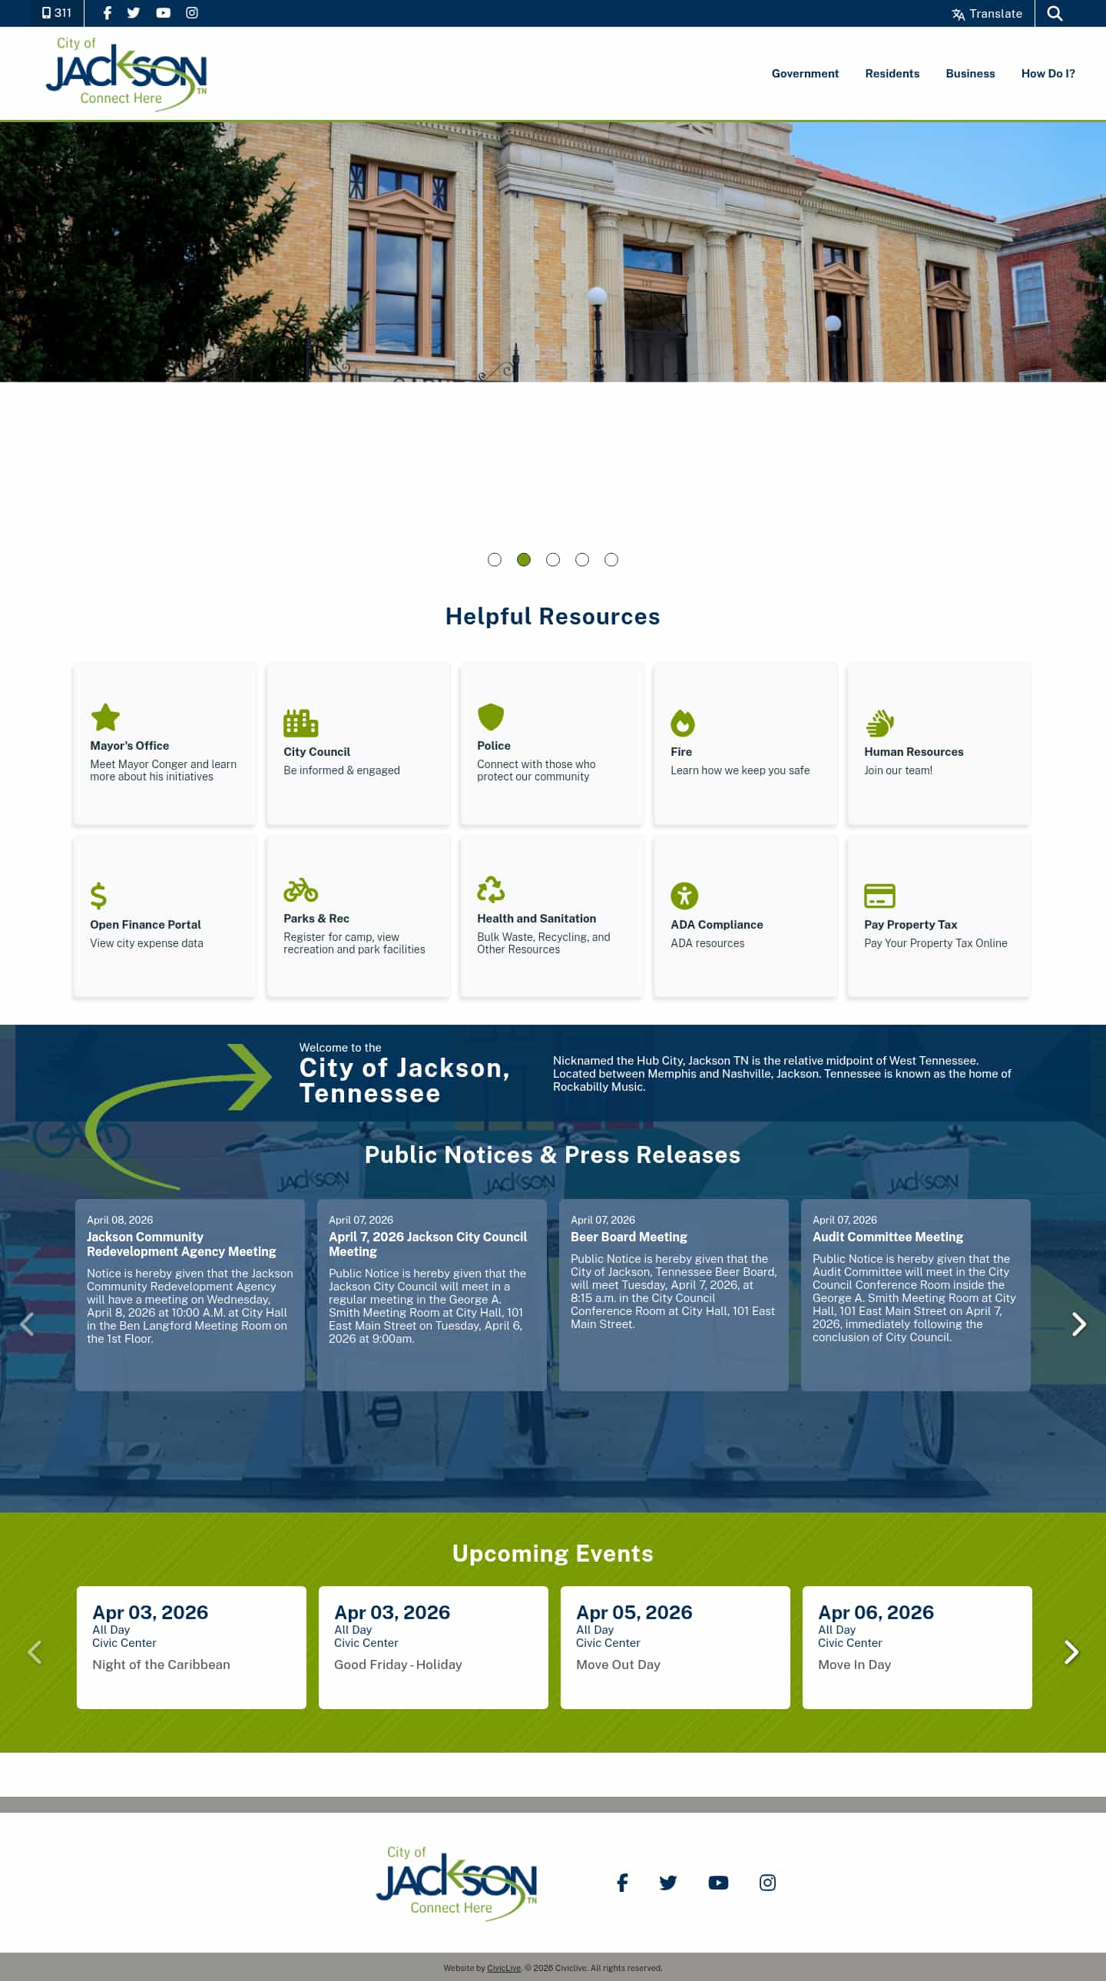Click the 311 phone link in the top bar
pos(56,13)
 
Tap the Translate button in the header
pos(987,14)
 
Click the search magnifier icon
pos(1055,14)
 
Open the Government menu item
pos(804,74)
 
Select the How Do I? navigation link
pos(1048,74)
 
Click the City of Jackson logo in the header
pos(127,75)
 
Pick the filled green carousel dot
pos(524,560)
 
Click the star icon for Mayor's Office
pos(105,717)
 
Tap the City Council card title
pos(317,752)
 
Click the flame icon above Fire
pos(682,723)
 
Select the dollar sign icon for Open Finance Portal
pos(98,896)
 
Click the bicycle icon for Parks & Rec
pos(301,889)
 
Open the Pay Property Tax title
pos(911,924)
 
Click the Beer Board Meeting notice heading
pos(628,1237)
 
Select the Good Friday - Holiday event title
pos(398,1665)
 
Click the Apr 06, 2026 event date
pos(876,1612)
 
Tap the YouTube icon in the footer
pos(717,1883)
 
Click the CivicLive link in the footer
pos(504,1968)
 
